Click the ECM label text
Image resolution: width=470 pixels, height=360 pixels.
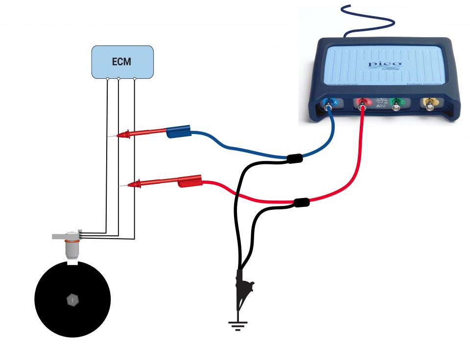pos(122,62)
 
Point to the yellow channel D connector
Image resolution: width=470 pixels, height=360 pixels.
pos(431,103)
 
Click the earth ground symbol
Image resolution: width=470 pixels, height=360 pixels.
pos(238,325)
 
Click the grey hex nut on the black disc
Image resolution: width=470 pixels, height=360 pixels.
pos(72,299)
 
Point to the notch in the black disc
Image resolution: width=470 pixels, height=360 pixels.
pos(72,265)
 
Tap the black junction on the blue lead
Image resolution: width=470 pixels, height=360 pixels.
pos(295,158)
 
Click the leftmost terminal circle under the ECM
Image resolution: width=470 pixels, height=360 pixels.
pos(108,78)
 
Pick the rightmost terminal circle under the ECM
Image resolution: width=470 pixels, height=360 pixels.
pos(135,78)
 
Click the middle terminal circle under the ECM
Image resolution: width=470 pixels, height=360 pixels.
pos(118,78)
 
